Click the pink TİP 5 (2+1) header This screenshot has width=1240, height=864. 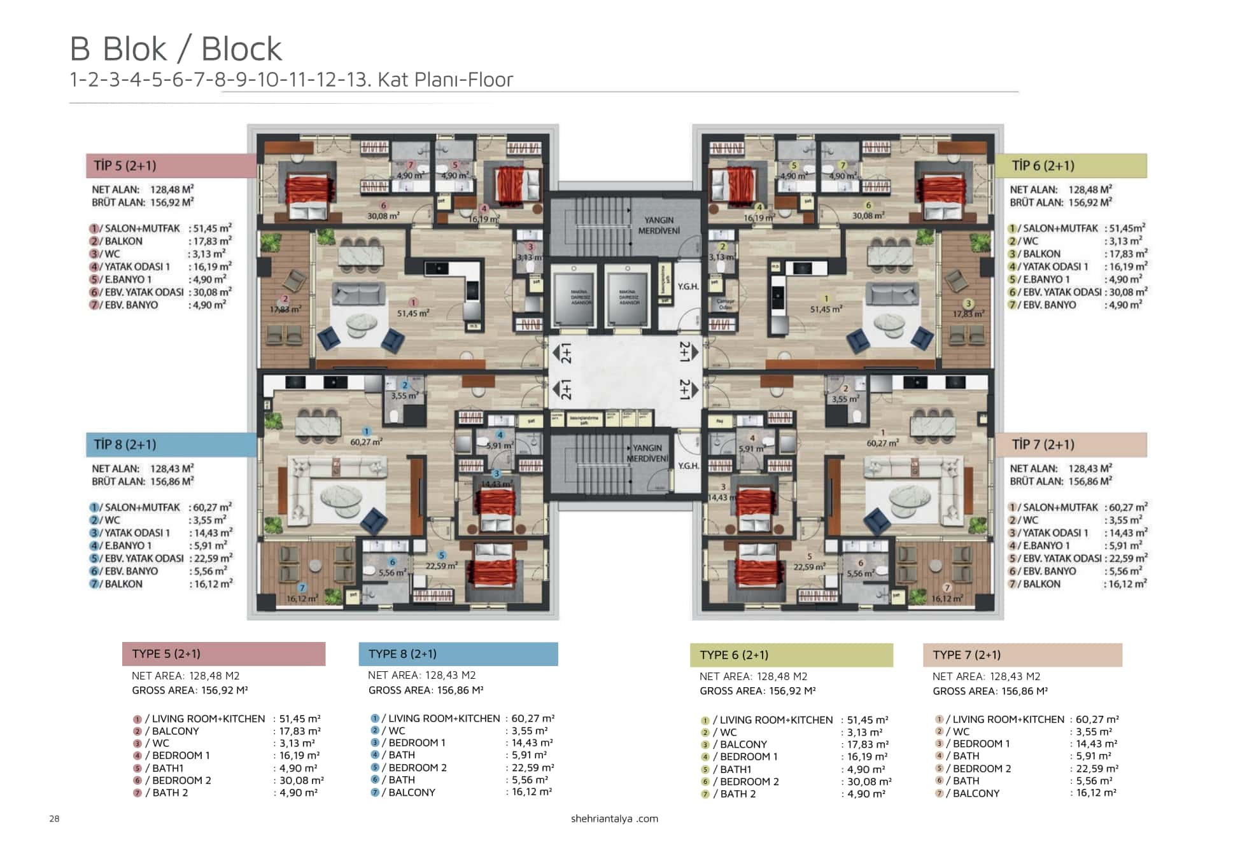[x=171, y=165]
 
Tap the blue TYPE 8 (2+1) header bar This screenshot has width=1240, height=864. [x=458, y=654]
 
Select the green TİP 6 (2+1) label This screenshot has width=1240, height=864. [x=1069, y=165]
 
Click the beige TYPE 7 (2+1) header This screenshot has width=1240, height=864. [x=1022, y=655]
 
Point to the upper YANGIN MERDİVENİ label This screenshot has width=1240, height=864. [x=658, y=225]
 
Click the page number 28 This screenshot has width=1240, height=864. [x=54, y=819]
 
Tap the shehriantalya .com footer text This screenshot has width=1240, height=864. [x=614, y=819]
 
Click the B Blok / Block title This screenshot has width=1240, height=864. [x=176, y=49]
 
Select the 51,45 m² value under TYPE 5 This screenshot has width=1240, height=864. [x=299, y=719]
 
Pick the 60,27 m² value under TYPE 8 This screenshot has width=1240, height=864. [x=532, y=718]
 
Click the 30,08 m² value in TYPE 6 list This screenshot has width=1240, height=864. [x=869, y=781]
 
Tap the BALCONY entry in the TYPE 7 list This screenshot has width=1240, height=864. [x=976, y=793]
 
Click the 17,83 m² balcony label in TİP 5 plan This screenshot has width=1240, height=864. [x=285, y=309]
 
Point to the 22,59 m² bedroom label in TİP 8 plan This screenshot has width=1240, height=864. [x=441, y=566]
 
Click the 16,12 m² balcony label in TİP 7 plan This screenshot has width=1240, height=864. [x=947, y=599]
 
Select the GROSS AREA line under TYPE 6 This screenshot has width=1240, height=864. [x=757, y=691]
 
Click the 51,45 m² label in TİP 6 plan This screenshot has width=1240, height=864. [x=826, y=309]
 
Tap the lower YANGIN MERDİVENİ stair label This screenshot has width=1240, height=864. [x=647, y=453]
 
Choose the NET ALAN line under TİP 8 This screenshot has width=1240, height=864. [x=143, y=469]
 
